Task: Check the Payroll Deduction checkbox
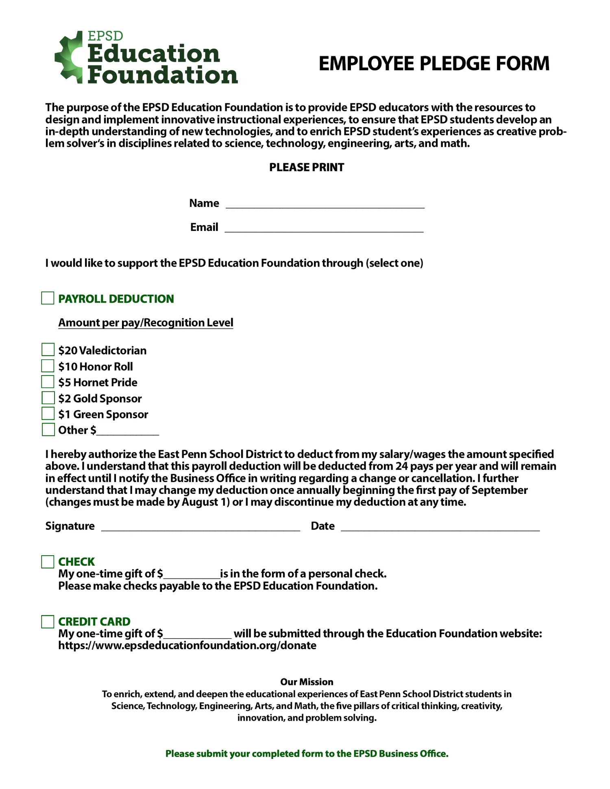(x=48, y=298)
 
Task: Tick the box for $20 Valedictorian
(x=48, y=350)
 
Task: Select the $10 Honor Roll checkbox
(x=48, y=366)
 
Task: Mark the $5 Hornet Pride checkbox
(x=48, y=382)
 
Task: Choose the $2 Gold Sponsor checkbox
(x=48, y=398)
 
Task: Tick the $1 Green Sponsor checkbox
(x=48, y=413)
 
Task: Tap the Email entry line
(x=324, y=228)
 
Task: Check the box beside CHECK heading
(x=48, y=562)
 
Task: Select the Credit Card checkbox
(x=48, y=622)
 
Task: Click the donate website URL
(x=187, y=646)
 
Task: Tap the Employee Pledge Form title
(x=434, y=64)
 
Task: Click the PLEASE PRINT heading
(x=306, y=167)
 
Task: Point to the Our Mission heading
(x=307, y=682)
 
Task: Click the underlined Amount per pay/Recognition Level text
(x=146, y=323)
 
